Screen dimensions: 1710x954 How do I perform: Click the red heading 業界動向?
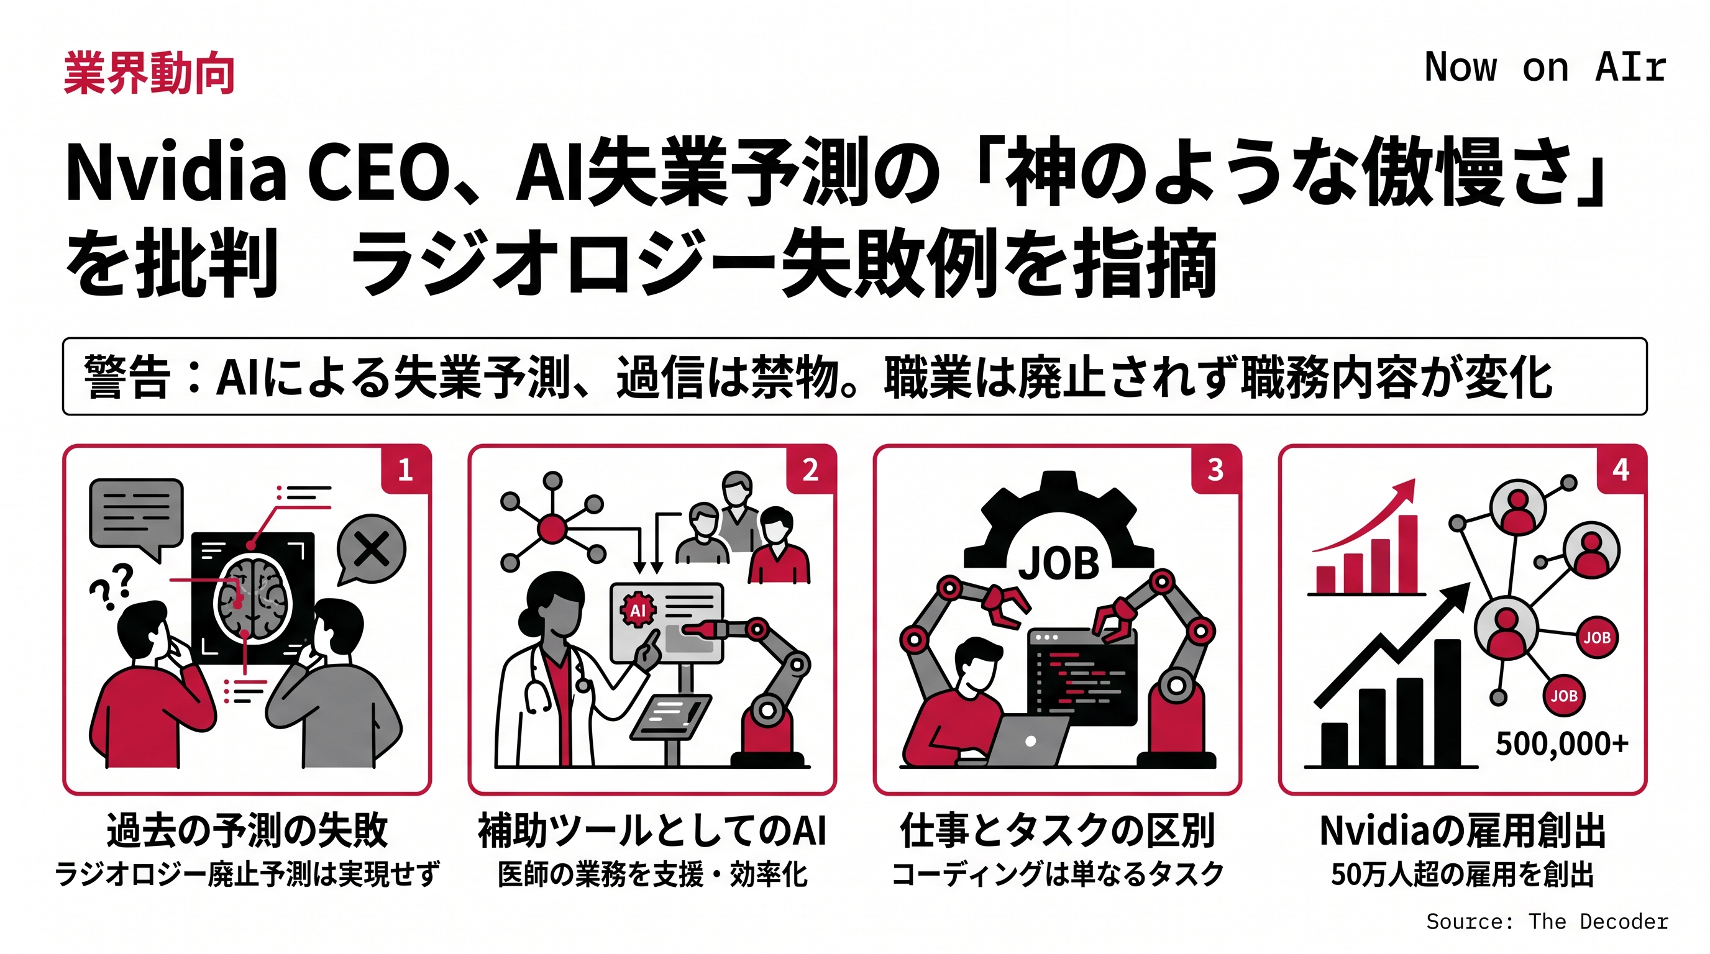click(x=149, y=73)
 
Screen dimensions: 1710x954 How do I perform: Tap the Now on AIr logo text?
click(x=1545, y=67)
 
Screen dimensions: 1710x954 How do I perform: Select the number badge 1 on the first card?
click(x=406, y=470)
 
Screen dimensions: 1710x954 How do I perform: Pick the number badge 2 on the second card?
click(x=810, y=470)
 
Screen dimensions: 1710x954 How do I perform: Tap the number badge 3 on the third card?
click(x=1215, y=470)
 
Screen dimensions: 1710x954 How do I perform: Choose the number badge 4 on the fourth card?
click(x=1621, y=470)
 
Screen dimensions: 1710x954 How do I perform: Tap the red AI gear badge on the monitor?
click(x=638, y=610)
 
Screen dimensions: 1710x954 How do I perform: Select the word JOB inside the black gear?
click(x=1058, y=565)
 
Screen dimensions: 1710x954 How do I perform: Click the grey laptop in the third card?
click(x=1026, y=740)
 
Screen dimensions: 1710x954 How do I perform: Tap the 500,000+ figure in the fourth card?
click(x=1562, y=743)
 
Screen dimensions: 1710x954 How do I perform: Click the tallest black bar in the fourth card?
click(x=1447, y=702)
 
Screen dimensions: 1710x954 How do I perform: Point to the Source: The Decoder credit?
click(x=1547, y=922)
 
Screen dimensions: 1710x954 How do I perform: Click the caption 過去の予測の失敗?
click(x=247, y=830)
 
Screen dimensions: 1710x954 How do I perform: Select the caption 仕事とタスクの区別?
click(x=1058, y=830)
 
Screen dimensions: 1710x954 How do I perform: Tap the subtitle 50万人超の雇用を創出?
click(x=1463, y=874)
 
